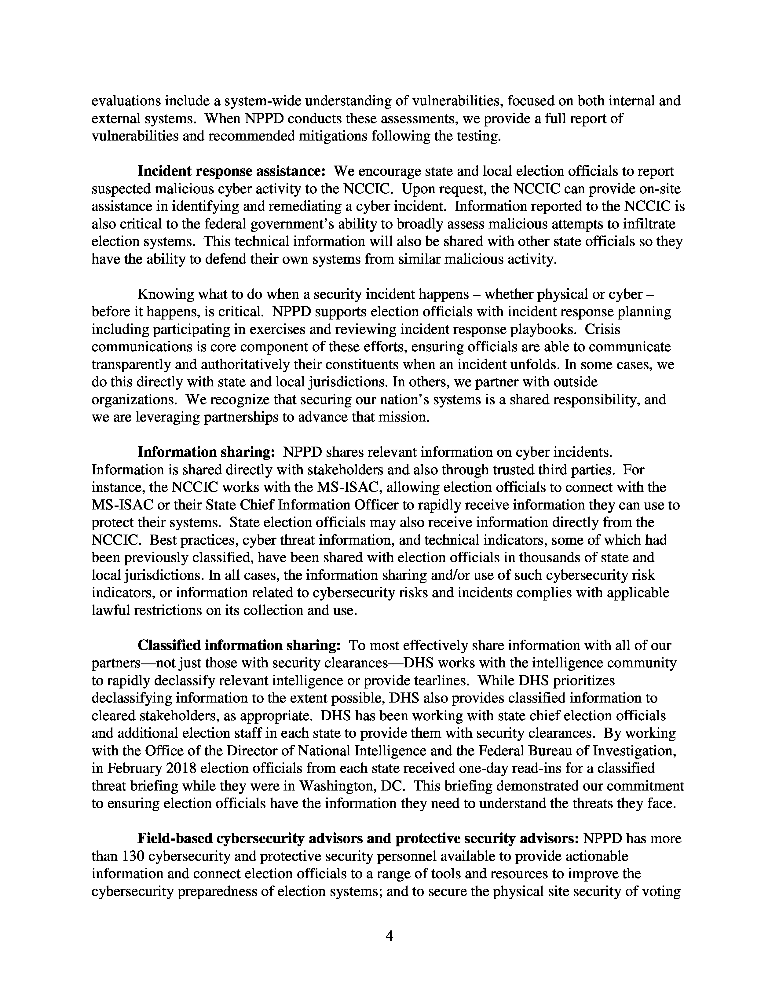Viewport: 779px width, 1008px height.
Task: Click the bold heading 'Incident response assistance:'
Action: pos(232,171)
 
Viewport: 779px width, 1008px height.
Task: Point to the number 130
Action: pos(133,856)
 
